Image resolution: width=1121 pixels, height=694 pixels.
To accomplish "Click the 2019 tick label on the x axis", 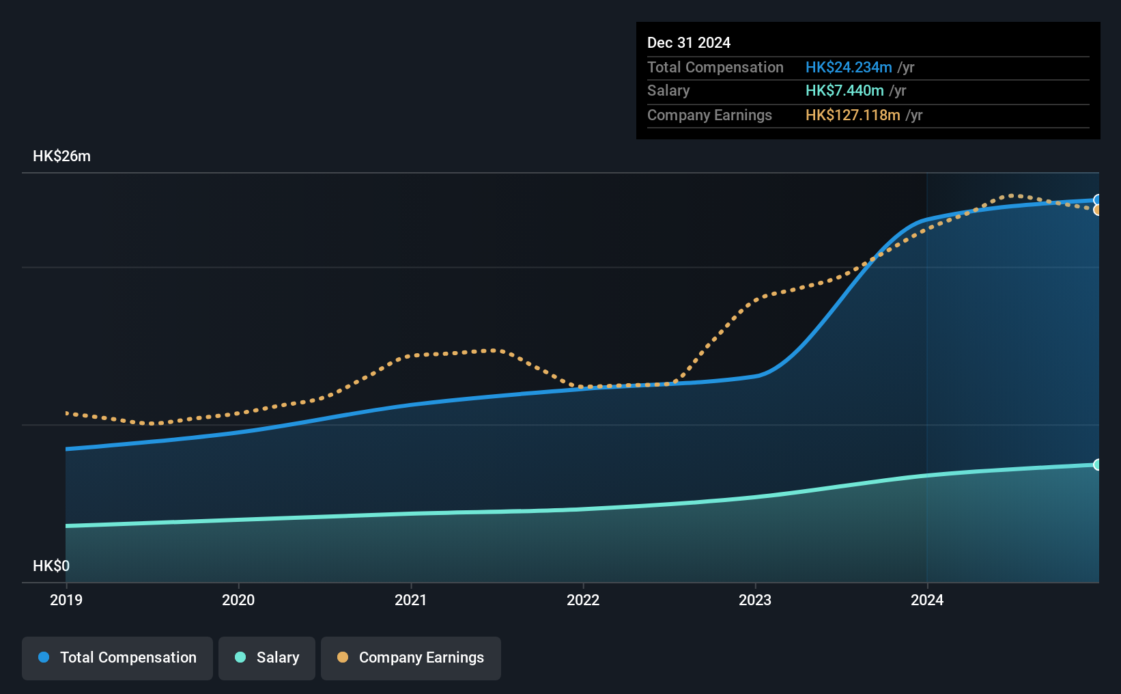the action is [66, 600].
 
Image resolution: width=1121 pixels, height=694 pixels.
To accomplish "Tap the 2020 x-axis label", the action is [238, 600].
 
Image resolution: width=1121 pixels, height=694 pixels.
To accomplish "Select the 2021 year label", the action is [410, 600].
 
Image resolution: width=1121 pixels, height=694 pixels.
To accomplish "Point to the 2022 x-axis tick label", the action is [583, 600].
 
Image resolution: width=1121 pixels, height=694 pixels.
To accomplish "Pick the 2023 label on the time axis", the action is [755, 600].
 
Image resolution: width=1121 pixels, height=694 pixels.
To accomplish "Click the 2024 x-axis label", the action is [927, 600].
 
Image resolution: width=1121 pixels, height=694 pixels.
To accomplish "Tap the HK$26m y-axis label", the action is [61, 156].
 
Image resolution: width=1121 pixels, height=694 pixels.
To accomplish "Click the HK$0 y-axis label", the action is [51, 566].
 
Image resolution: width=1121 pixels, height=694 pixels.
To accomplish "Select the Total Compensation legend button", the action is [117, 658].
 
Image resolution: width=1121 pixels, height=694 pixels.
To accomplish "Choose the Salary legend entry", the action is [267, 658].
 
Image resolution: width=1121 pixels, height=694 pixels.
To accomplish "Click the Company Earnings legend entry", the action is [411, 658].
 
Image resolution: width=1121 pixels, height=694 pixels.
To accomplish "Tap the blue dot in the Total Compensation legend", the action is [44, 657].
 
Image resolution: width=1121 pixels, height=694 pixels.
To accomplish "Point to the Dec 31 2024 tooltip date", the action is [689, 43].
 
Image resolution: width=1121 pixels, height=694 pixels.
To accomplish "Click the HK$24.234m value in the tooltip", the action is [848, 68].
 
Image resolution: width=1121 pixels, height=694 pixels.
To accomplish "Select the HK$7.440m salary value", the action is [845, 91].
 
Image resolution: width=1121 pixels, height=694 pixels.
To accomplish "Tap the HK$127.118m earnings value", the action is [853, 115].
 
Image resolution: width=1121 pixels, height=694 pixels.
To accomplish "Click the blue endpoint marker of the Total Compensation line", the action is [1096, 200].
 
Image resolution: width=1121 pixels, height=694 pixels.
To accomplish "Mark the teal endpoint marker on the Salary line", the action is [1096, 464].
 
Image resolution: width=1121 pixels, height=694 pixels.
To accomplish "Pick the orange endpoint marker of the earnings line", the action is [1096, 210].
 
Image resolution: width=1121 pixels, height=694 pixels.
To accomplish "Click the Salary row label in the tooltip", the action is [668, 91].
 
